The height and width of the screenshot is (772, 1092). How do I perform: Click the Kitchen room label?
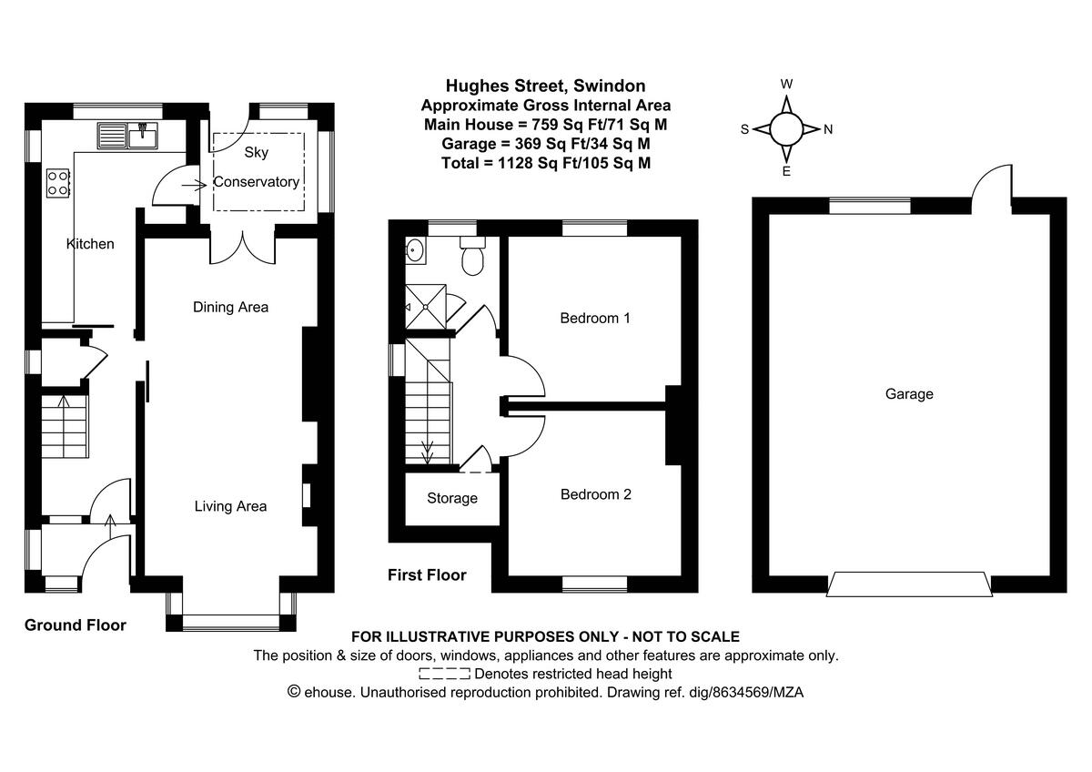click(x=90, y=244)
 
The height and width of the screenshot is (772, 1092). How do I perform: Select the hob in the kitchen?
click(x=57, y=183)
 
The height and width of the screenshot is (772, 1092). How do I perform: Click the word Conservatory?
click(x=257, y=182)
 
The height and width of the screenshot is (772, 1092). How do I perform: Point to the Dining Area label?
click(x=230, y=307)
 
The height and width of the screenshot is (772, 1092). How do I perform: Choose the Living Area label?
click(x=230, y=506)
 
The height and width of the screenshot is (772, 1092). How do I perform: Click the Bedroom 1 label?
click(x=595, y=319)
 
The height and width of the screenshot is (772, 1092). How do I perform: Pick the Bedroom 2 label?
click(x=595, y=494)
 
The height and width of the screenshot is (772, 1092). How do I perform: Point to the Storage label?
click(x=452, y=498)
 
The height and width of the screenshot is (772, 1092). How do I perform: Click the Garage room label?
click(x=909, y=394)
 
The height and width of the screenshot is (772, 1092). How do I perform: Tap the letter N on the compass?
click(x=828, y=129)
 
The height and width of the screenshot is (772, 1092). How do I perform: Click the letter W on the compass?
click(x=787, y=85)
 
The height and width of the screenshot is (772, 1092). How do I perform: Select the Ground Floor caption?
click(x=76, y=625)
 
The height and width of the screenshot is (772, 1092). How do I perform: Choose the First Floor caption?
click(x=427, y=575)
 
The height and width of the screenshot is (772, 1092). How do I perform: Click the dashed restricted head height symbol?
click(x=444, y=674)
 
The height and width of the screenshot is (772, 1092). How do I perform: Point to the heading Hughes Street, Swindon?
click(x=546, y=86)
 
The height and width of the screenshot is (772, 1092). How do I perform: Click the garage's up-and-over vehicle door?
click(x=909, y=584)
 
